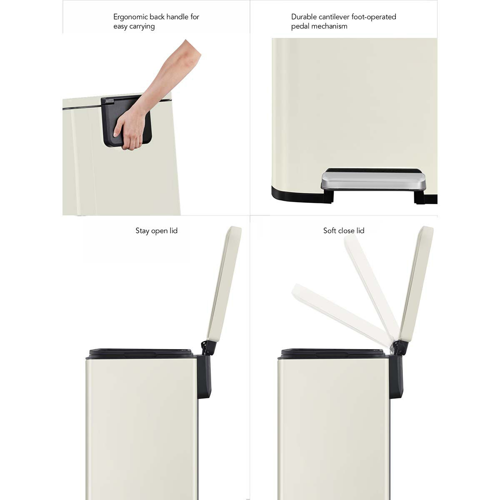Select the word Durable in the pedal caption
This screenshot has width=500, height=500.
[x=304, y=17]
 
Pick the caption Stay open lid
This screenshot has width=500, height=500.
[x=156, y=231]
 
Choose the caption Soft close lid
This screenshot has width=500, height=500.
[x=344, y=231]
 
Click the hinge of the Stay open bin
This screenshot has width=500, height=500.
[x=207, y=348]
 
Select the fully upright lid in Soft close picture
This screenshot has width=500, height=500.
[x=417, y=283]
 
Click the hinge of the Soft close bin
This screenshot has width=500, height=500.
[x=400, y=348]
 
